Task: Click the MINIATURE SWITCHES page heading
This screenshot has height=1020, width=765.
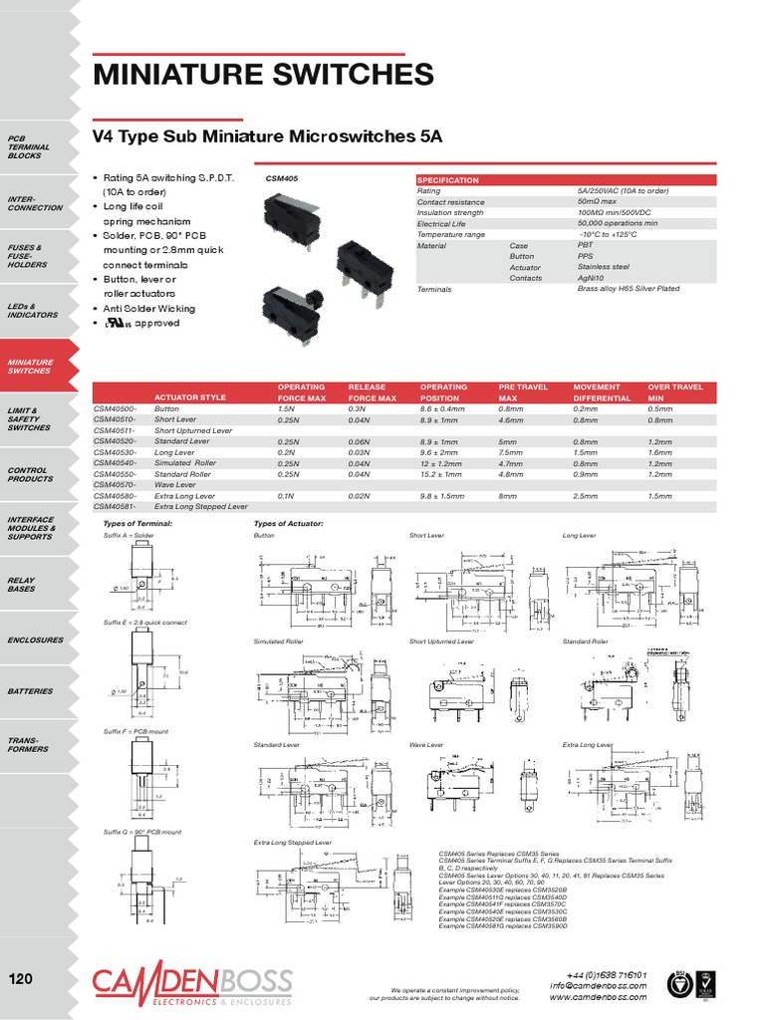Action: [x=263, y=75]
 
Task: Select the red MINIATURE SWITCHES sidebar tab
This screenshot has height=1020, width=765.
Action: [x=29, y=366]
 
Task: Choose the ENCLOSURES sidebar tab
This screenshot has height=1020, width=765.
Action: [x=35, y=639]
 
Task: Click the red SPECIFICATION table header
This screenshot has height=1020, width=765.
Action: [x=447, y=180]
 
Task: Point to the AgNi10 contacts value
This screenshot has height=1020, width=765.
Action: [x=592, y=278]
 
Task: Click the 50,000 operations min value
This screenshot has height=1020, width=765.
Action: [x=617, y=224]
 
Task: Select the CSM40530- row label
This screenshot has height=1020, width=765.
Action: [x=116, y=451]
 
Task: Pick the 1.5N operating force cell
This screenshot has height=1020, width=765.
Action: [x=287, y=408]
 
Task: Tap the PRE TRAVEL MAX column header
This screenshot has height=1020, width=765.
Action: [x=523, y=391]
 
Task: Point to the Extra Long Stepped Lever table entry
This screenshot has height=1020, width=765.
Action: [x=201, y=506]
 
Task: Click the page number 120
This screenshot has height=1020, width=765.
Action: [x=22, y=978]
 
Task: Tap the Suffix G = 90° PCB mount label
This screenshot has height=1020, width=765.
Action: [x=142, y=831]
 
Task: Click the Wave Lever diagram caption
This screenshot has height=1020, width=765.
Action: [x=426, y=744]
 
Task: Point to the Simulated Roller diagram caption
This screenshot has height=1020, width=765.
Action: [x=279, y=641]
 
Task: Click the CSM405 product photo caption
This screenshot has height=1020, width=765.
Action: [x=282, y=179]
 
